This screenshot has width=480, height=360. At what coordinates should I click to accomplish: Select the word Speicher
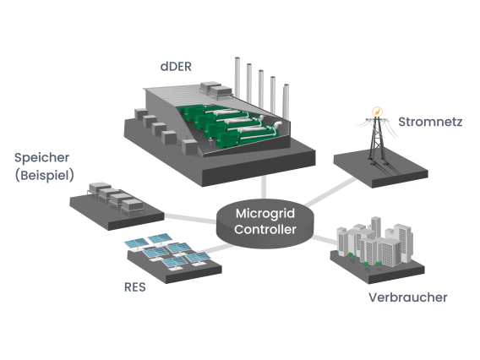pyautogui.click(x=42, y=158)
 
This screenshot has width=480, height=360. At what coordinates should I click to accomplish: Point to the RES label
pyautogui.click(x=134, y=286)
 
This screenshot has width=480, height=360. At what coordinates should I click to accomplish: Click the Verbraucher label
pyautogui.click(x=407, y=297)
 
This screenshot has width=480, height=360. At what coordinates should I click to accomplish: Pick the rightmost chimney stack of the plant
pyautogui.click(x=288, y=101)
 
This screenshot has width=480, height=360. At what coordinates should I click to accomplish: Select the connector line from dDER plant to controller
pyautogui.click(x=264, y=182)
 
